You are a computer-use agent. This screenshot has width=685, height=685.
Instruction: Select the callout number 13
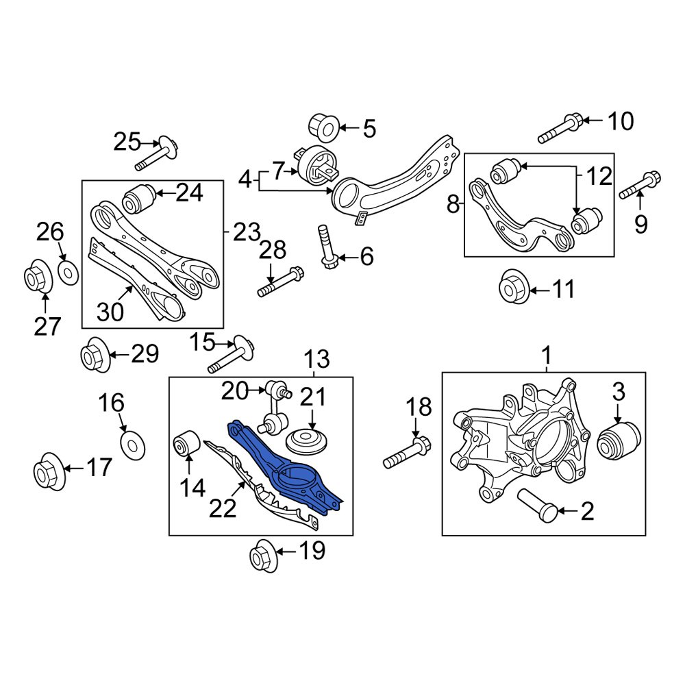point(316,359)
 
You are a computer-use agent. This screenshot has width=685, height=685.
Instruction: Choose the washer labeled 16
point(132,446)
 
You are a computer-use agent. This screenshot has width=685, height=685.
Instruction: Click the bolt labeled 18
point(408,451)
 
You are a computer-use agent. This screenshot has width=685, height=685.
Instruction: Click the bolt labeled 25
point(157,155)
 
